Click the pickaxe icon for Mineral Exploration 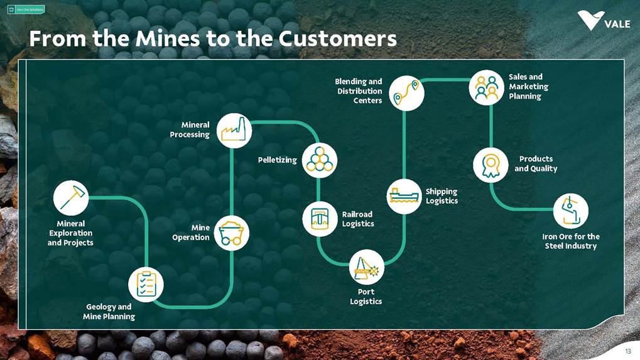71,198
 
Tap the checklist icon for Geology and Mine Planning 146,284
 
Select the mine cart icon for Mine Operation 232,233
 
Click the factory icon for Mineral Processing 234,130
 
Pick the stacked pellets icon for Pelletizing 319,161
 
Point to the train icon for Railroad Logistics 320,219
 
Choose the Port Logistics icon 366,267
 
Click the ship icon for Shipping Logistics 404,196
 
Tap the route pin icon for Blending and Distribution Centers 406,93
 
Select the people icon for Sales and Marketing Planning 486,87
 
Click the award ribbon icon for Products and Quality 491,165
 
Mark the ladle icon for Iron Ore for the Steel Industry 570,210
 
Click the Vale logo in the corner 603,21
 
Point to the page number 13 627,351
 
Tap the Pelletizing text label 277,160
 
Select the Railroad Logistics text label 358,219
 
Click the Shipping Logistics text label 442,196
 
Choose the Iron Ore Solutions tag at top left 26,9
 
